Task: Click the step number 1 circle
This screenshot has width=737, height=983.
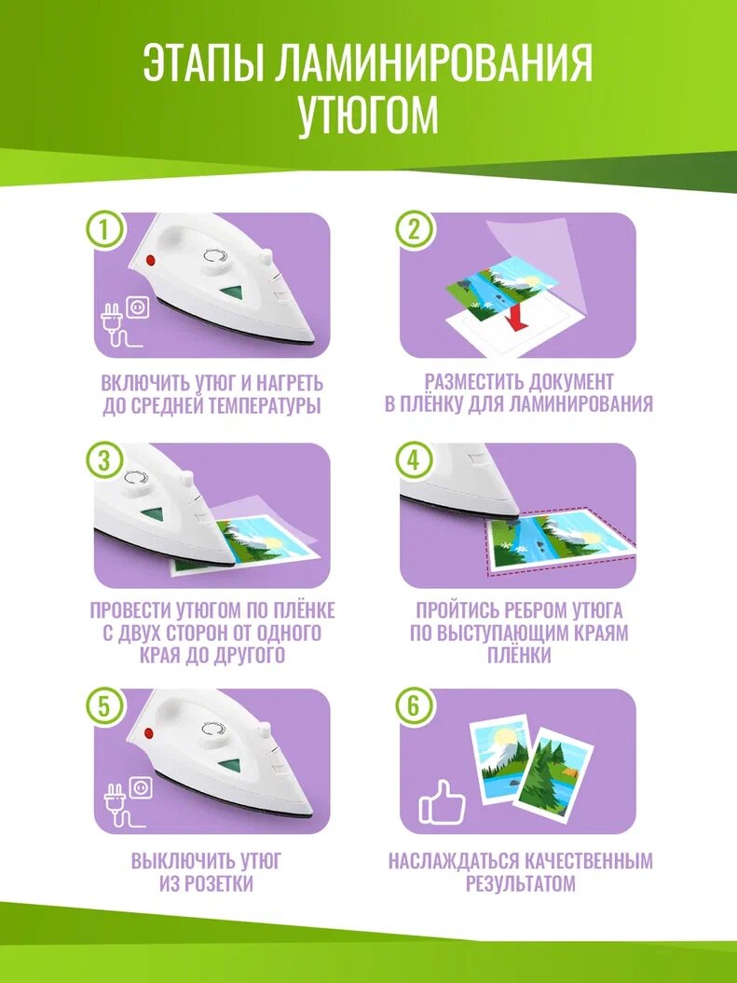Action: coord(104,231)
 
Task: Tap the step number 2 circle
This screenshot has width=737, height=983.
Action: coord(413,231)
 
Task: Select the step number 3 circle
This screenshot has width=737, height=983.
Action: coord(104,460)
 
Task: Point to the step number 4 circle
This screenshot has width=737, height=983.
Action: coord(413,460)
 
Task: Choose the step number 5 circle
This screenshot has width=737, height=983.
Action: coord(104,706)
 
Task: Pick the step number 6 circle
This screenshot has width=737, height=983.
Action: coord(413,706)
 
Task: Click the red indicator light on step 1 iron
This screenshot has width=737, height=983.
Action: coord(150,260)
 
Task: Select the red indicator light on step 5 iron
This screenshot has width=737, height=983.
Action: coord(149,733)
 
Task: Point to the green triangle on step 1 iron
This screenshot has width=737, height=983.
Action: coord(231,294)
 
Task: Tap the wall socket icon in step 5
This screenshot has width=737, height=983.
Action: coord(141,787)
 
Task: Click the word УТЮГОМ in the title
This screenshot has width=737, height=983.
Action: coord(368,114)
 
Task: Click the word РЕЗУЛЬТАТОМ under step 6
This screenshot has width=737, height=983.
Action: coord(520,884)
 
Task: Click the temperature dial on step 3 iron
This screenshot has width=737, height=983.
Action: coord(138,480)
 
